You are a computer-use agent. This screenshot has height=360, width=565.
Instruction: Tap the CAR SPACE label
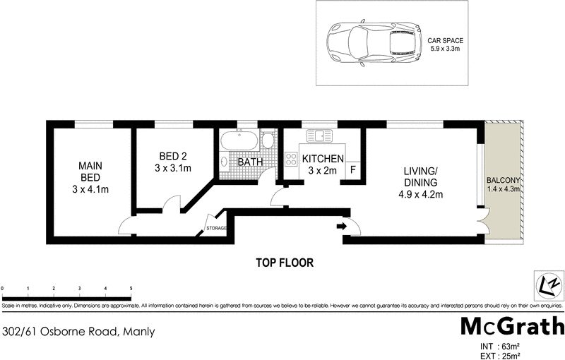point(446,41)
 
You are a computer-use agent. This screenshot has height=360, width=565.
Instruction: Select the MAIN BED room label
point(90,172)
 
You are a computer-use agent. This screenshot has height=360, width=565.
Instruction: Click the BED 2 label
point(173,156)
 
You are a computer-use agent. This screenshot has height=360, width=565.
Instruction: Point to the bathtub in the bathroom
point(239,140)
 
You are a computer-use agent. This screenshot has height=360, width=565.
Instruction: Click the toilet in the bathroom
point(268,139)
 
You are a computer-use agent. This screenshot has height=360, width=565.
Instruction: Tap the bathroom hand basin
point(224,162)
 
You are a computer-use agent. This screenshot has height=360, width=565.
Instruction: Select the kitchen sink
point(319,136)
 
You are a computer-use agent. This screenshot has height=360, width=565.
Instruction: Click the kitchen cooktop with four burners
point(291,159)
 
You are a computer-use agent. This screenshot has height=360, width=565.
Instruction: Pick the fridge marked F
point(352,169)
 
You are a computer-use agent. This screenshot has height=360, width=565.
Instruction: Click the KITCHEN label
point(323,159)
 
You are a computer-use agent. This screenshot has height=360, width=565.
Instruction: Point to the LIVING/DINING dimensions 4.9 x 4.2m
point(421,195)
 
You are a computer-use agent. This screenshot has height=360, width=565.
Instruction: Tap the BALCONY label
point(504,181)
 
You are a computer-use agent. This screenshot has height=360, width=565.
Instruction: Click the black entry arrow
point(342,226)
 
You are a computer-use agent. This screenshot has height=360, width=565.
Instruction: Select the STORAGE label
point(216,228)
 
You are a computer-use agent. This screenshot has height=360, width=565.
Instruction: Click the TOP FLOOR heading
point(285,263)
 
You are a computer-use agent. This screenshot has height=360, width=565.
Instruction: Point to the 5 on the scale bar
point(131,289)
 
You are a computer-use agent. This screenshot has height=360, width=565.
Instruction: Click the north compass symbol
point(549,285)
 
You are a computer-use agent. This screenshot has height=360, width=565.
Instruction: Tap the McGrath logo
point(513,327)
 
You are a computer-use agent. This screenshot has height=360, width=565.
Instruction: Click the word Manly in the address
point(139,332)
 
